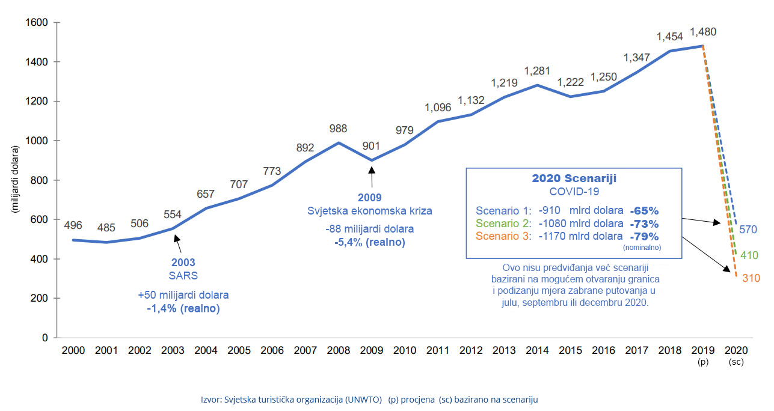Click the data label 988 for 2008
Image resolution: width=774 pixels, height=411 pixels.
point(338,129)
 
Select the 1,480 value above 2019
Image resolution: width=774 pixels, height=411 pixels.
point(702,32)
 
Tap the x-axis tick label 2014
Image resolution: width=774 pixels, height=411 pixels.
point(538,350)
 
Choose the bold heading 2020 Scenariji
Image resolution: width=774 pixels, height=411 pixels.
point(574,178)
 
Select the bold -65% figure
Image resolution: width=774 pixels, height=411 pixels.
point(644,211)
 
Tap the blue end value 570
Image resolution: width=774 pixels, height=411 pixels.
point(748,229)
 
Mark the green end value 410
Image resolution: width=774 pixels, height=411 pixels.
point(749,255)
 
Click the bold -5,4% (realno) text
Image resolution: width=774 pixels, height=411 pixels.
point(370,243)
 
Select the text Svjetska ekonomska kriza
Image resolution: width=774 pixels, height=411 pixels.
point(370,211)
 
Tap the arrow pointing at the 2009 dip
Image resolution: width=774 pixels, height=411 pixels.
point(371,178)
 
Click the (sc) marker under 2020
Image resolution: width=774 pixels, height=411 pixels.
point(736,362)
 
